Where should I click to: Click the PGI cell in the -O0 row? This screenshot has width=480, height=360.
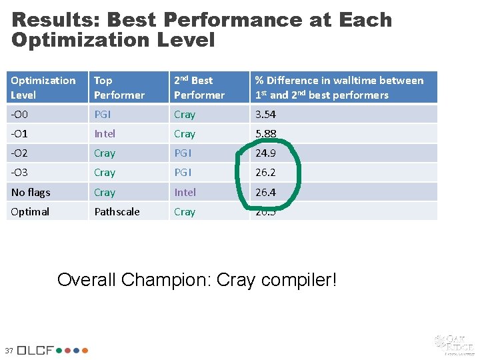coord(103,115)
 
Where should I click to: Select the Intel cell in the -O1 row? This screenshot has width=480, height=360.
coord(105,134)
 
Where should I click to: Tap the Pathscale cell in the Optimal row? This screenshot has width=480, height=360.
coord(117,212)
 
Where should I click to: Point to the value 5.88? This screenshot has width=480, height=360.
coord(266,134)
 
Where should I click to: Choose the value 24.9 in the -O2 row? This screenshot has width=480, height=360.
coord(266,153)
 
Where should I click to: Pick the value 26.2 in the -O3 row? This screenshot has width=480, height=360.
coord(266,173)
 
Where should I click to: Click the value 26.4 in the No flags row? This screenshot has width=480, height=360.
coord(266,193)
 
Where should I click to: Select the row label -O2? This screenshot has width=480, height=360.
coord(20,153)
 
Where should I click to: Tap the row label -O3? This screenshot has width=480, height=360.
coord(20,173)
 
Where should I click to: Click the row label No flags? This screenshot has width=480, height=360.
coord(30,193)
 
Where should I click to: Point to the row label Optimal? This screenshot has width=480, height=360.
coord(30,212)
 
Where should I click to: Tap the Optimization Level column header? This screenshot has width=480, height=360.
coord(43,87)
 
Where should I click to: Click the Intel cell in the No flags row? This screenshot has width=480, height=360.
coord(185,193)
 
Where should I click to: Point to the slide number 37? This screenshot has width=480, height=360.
coord(9,351)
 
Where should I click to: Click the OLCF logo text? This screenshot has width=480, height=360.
coord(39,350)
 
